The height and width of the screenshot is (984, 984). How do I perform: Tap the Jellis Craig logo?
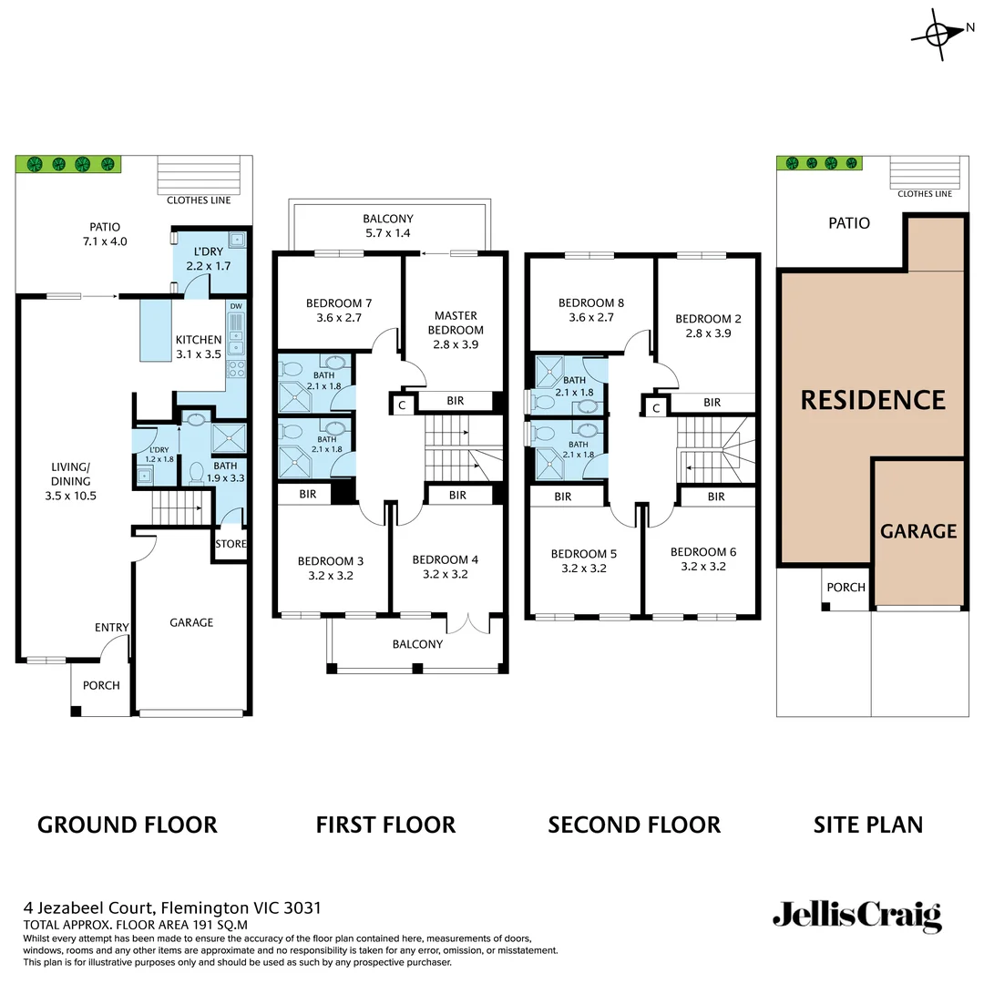(856, 916)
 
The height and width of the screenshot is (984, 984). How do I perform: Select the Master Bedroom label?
(456, 330)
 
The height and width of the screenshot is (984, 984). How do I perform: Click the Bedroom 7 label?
(339, 311)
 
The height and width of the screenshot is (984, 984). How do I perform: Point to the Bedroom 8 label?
(592, 311)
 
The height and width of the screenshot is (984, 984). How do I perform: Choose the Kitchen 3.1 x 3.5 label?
(199, 346)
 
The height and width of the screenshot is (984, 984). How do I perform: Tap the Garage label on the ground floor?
(191, 622)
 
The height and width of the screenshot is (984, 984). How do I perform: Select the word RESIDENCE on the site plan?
(873, 400)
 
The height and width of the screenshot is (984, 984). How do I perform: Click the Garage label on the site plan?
(918, 531)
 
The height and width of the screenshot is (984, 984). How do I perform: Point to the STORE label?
(231, 544)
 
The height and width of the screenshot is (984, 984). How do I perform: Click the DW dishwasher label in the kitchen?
(236, 306)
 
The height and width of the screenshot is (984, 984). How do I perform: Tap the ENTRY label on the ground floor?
(111, 627)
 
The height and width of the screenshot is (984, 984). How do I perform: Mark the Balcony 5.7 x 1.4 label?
(388, 226)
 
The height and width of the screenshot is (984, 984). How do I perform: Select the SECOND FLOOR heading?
(633, 825)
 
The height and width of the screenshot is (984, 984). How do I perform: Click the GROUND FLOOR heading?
(127, 825)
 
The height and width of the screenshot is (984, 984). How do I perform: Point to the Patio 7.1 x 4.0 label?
(104, 234)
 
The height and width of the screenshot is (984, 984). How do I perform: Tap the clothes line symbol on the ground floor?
(201, 173)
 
